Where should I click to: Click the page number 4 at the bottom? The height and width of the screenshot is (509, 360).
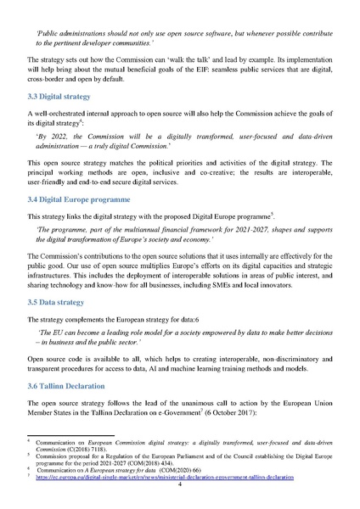point(181,496)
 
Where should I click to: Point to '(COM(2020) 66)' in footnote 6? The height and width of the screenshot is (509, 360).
point(188,481)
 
